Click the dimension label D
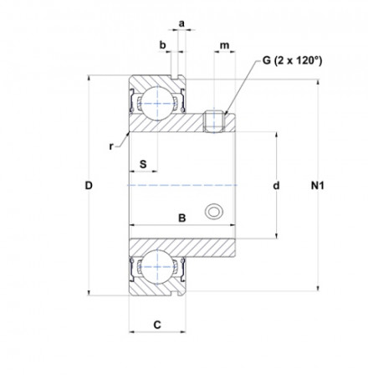click(x=89, y=185)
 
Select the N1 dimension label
click(x=318, y=185)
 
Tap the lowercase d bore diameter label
click(x=276, y=185)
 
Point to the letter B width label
click(x=181, y=218)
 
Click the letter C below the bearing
click(x=157, y=325)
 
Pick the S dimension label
click(x=143, y=164)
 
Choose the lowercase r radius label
click(x=111, y=146)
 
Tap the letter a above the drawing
click(x=181, y=23)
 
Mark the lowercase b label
click(x=162, y=44)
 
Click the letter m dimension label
click(x=225, y=45)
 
